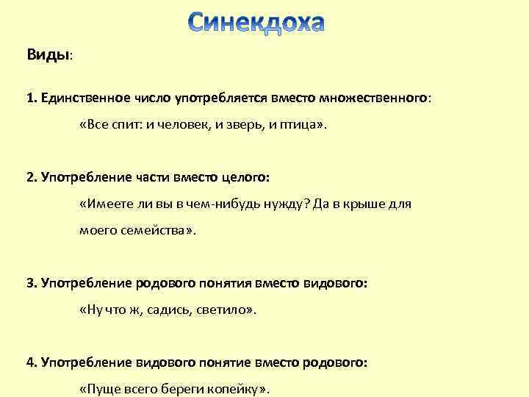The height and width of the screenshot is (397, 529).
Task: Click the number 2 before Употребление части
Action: (x=30, y=177)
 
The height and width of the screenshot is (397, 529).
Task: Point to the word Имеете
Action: (x=108, y=204)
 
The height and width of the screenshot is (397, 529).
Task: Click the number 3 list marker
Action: (x=30, y=283)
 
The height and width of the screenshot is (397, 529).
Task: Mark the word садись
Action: (x=165, y=310)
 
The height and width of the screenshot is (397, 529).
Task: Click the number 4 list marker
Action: (x=30, y=362)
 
